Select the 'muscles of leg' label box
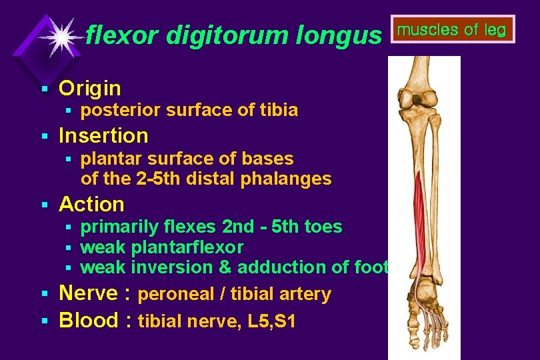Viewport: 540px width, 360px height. click(452, 29)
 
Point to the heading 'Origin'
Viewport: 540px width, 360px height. click(90, 88)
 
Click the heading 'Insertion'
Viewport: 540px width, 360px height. click(103, 136)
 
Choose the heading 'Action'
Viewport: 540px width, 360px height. click(91, 204)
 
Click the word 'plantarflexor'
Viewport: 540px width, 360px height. click(187, 247)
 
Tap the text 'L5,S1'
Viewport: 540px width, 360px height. click(271, 321)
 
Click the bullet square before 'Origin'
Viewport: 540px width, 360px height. click(44, 89)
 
